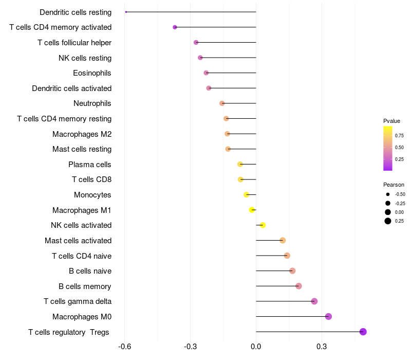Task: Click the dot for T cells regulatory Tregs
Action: [363, 332]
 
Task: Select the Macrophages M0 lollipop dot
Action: [329, 316]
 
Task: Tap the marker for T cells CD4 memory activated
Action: [175, 27]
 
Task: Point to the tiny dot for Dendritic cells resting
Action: [126, 12]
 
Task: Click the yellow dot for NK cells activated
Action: [263, 225]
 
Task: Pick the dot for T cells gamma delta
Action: [314, 301]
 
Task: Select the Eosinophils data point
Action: [206, 73]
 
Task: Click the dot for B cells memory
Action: [298, 286]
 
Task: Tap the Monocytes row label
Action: [92, 195]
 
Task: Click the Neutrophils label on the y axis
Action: [92, 103]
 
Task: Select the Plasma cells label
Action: [90, 165]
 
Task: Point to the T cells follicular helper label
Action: [74, 42]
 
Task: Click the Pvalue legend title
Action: [391, 121]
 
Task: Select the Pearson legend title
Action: [394, 185]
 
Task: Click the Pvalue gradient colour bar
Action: [388, 148]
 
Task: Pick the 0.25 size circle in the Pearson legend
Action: [388, 221]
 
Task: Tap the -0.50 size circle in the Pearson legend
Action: [388, 194]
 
